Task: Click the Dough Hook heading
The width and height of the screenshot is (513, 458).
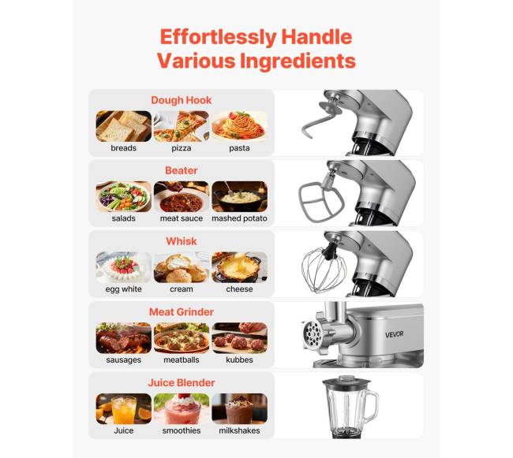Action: [x=182, y=100]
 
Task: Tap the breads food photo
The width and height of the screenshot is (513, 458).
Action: [x=124, y=126]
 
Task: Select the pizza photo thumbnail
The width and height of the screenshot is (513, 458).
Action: [x=182, y=126]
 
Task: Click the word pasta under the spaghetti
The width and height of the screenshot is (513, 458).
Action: [x=239, y=148]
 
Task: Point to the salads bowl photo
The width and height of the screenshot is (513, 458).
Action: [x=124, y=196]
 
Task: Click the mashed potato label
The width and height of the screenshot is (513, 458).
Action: [x=239, y=218]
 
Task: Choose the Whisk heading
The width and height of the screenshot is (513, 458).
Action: [x=182, y=241]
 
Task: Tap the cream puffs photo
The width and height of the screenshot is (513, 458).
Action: [x=182, y=267]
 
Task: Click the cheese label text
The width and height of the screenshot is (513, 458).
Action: [x=239, y=289]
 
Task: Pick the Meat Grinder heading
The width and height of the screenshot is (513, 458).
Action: [x=182, y=312]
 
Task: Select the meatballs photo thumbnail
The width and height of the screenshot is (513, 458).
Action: [x=182, y=338]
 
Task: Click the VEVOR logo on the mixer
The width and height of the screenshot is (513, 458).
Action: [x=394, y=334]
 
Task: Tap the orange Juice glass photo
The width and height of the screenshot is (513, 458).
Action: [x=124, y=408]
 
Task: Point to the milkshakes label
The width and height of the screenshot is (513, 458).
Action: [x=239, y=430]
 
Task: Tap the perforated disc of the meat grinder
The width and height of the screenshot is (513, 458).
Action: [x=312, y=334]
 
